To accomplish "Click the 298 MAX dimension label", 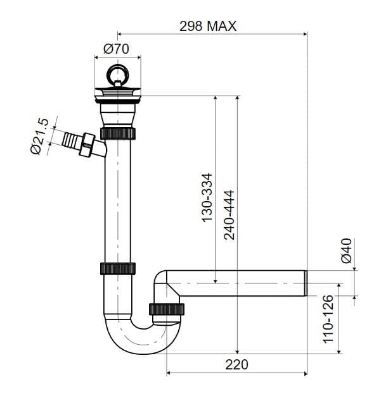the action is point(208,26).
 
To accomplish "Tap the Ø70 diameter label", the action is point(116,49).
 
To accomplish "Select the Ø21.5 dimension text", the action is point(39,137).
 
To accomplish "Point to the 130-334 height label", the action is point(207,197).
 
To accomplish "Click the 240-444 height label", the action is point(230,215).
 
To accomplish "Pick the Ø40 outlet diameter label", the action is point(346,250).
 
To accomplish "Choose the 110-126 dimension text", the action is point(328,319).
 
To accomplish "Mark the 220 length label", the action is point(236,364).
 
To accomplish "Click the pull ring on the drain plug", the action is point(117,74).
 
